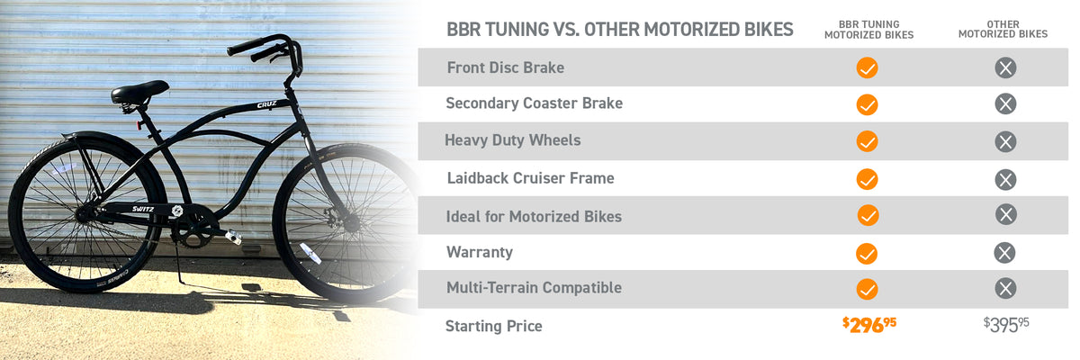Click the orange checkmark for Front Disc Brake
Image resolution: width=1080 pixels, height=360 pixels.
point(867,68)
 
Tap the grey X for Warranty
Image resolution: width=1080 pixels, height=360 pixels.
point(1004,253)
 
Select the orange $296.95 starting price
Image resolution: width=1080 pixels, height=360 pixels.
point(869,325)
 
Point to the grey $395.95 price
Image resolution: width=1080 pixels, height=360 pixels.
point(1006,325)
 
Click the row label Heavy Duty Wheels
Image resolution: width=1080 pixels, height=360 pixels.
point(512,140)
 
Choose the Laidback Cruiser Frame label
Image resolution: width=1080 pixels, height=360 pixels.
point(530,178)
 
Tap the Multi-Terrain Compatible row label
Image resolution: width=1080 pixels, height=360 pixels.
point(534,288)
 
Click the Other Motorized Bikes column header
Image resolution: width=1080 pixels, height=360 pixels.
point(1003,30)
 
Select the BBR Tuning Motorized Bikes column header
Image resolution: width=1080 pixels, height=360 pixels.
point(868,30)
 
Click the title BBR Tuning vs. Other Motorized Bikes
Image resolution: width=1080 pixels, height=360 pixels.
point(619,30)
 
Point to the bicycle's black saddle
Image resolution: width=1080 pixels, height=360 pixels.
point(139,92)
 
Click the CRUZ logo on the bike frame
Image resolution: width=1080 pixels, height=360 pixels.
point(266,104)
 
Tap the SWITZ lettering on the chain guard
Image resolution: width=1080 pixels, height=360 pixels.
point(143,209)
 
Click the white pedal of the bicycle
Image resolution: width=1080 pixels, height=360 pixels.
point(233,237)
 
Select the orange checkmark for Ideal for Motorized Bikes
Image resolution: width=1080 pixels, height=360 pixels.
point(868,215)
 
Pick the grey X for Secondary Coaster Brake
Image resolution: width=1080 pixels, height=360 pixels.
point(1005,104)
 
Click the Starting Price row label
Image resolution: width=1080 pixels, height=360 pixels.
point(494,327)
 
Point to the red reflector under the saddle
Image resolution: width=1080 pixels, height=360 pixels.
point(139,125)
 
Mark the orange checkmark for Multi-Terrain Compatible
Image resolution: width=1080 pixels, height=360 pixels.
point(867,289)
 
